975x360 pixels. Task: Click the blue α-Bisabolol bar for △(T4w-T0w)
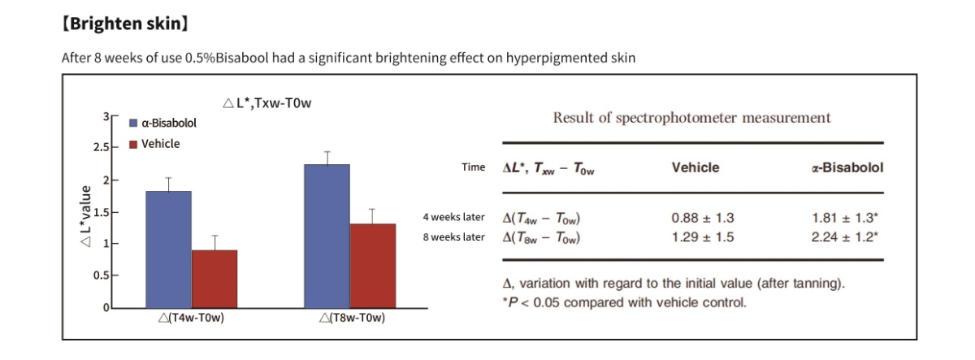point(168,249)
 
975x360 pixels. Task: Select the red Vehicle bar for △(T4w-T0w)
point(214,279)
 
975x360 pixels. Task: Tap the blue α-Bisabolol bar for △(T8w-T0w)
point(327,236)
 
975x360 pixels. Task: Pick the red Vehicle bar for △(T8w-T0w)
point(372,266)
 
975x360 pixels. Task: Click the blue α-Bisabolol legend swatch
point(133,124)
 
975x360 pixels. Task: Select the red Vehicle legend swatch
point(133,144)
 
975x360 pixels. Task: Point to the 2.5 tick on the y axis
point(102,148)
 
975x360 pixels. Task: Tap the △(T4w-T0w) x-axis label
point(191,317)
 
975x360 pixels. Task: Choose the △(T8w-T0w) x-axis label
point(352,317)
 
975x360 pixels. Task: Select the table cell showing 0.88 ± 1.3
point(703,218)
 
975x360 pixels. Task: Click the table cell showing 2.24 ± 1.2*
point(845,236)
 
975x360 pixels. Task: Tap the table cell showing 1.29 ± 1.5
point(703,236)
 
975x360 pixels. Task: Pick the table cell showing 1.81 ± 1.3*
point(845,218)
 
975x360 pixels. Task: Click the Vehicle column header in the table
point(695,167)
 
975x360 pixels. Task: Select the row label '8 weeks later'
point(453,236)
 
